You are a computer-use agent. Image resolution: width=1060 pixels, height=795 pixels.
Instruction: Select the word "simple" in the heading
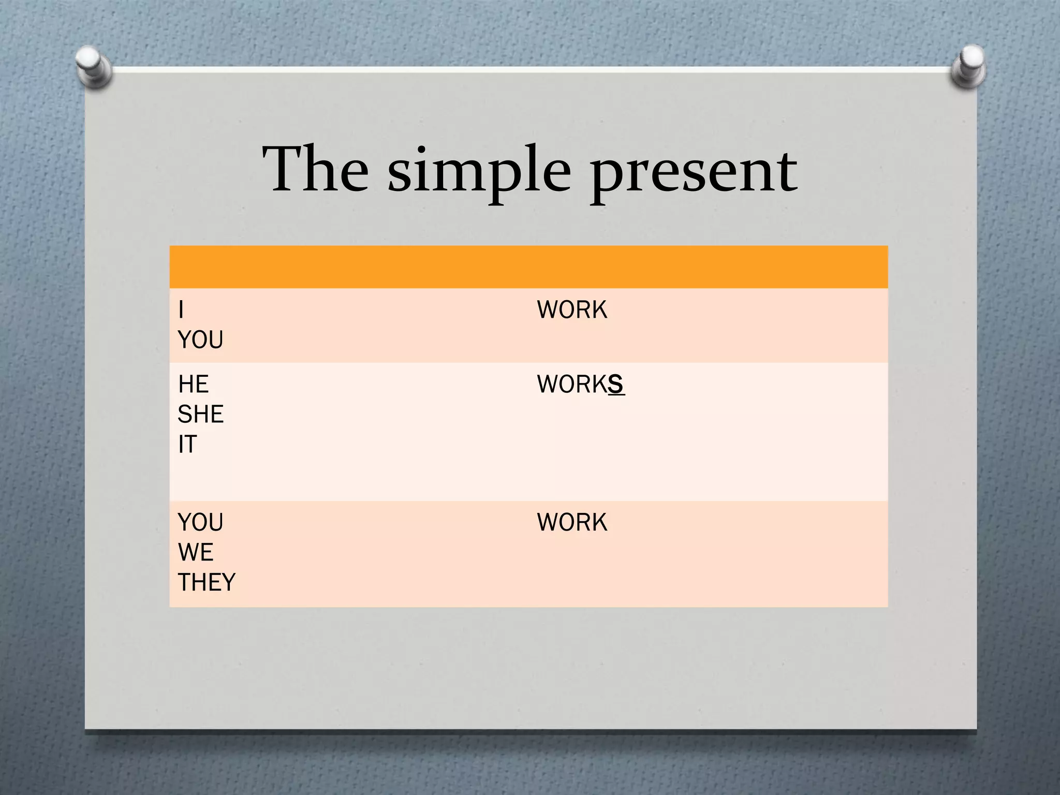point(479,171)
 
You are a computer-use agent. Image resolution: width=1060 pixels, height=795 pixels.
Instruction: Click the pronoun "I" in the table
point(181,310)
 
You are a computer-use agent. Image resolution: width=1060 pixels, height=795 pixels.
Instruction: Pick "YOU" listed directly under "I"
point(200,340)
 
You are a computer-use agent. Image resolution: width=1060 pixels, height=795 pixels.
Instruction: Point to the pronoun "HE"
point(193,384)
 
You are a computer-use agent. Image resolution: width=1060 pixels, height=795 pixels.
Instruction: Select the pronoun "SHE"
point(200,414)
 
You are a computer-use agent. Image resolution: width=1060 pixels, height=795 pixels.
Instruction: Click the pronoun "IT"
point(187,444)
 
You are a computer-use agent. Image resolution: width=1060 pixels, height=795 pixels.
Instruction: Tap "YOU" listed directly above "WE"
point(200,522)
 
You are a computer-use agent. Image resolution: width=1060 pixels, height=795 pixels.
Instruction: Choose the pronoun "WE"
point(196,552)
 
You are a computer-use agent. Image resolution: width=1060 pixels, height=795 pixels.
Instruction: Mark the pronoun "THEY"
point(207,582)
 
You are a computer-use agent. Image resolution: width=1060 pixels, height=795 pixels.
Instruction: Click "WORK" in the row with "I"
point(572,310)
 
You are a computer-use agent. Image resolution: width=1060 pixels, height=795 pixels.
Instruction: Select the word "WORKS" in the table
point(580,384)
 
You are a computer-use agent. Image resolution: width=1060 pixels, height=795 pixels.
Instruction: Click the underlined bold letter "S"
point(615,384)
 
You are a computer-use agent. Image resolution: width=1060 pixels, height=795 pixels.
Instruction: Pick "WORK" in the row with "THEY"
point(572,522)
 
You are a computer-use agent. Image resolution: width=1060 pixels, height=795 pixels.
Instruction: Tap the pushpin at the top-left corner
point(94,66)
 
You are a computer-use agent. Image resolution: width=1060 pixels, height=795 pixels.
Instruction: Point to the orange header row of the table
point(528,267)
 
